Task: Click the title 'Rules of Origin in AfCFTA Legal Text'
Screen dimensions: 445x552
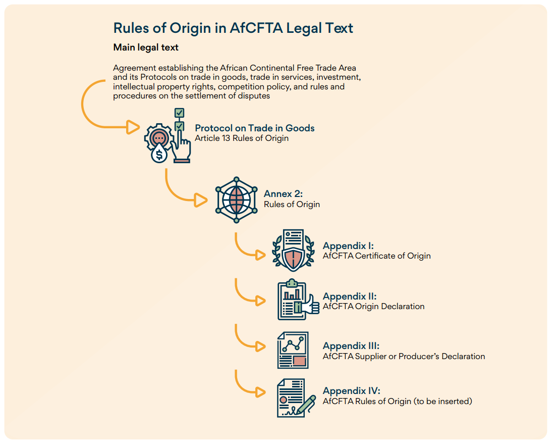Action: coord(233,28)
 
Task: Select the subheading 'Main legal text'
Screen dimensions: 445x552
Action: coord(146,47)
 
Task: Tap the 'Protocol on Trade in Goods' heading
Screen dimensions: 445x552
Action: coord(254,128)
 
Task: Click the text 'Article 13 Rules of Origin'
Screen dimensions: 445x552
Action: coord(242,138)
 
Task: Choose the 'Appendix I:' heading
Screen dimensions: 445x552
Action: coord(348,246)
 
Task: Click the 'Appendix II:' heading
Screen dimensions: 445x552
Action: coord(350,296)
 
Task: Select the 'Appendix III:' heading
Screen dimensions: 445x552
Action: coord(351,346)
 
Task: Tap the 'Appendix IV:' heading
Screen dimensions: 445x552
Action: coord(351,391)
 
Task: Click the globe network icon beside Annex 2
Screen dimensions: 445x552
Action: coord(236,199)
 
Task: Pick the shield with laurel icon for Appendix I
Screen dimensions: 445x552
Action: coord(293,251)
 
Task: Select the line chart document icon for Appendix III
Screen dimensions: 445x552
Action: coord(293,350)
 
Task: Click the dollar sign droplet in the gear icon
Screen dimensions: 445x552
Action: coord(159,154)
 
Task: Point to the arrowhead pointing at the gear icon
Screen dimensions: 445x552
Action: coord(133,127)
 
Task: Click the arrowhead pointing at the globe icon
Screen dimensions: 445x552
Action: coord(201,200)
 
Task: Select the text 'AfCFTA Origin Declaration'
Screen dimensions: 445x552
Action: coord(373,306)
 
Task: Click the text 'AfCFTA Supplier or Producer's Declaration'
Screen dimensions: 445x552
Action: coord(404,356)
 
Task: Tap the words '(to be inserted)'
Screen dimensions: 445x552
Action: coord(443,402)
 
